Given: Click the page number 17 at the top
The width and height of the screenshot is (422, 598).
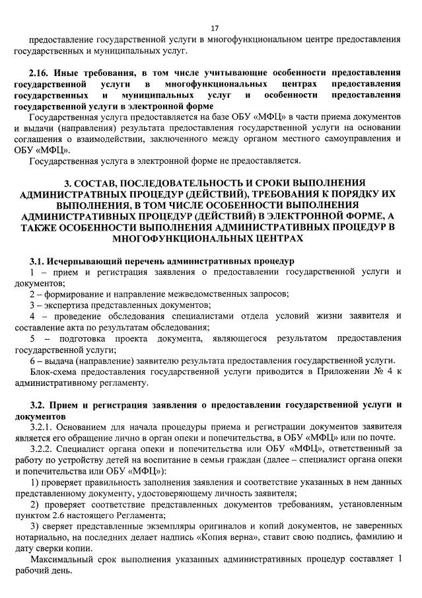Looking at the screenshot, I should coord(214,28).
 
